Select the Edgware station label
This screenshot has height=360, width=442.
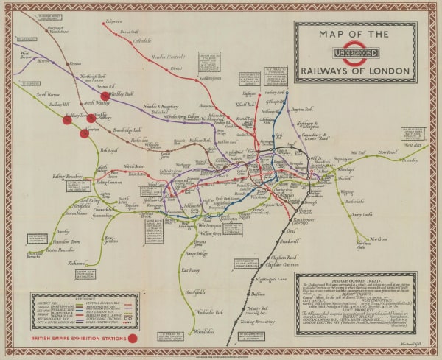[x=114, y=21]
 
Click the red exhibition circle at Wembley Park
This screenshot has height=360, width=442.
[x=105, y=95]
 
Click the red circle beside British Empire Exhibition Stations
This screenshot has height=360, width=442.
[x=133, y=338]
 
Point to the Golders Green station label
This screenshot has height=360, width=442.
[x=209, y=78]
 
